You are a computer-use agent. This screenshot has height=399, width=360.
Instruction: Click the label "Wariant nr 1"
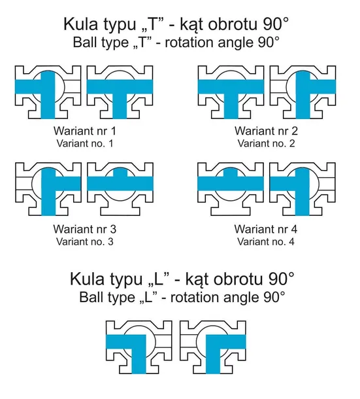(85, 131)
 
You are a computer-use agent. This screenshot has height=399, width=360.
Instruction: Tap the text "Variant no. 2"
(266, 143)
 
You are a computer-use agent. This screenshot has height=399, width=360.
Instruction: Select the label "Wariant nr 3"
(85, 229)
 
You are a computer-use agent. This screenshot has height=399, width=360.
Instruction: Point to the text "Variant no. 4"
(266, 241)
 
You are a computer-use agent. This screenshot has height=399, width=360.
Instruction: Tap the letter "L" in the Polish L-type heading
(158, 279)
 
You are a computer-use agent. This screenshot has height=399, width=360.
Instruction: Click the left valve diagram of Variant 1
(48, 92)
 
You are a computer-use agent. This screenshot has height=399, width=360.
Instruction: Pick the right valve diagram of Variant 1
(120, 92)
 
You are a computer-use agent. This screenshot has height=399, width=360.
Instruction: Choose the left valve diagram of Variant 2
(231, 92)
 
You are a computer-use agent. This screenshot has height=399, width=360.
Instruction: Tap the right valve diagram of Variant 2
(303, 92)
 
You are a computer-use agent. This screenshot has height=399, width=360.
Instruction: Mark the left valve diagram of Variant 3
(48, 189)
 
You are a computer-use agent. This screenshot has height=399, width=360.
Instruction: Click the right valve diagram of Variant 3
(120, 189)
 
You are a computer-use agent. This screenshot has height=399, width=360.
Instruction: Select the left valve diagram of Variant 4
(231, 189)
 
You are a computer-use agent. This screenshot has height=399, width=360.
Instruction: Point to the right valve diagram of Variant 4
(303, 189)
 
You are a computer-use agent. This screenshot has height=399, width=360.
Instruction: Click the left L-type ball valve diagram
(139, 347)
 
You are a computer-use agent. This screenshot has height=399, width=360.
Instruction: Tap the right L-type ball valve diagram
(213, 347)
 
